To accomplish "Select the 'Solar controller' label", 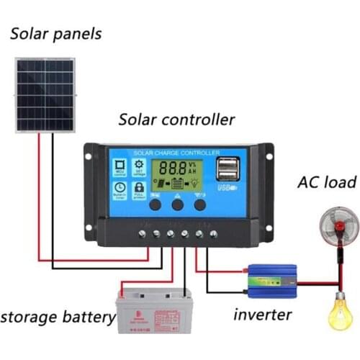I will pyautogui.click(x=176, y=119).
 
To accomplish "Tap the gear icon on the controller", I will pyautogui.click(x=138, y=166).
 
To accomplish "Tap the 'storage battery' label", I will pyautogui.click(x=58, y=316).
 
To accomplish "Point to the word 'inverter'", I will pyautogui.click(x=262, y=315).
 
